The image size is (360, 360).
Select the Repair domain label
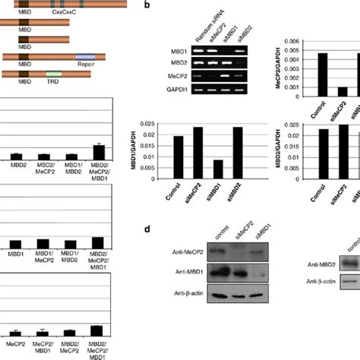[85, 66]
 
